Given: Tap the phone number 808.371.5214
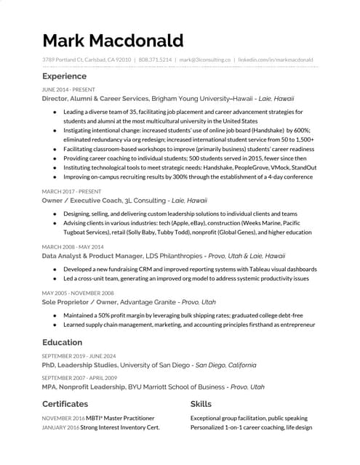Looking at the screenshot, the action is [x=155, y=60].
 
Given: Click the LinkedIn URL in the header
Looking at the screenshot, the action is [x=276, y=60].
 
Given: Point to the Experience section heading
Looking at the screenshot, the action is [x=64, y=76].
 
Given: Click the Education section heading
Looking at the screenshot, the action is [x=62, y=342].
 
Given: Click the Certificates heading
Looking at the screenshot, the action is [x=65, y=404].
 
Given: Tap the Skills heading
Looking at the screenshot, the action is [x=201, y=404].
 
